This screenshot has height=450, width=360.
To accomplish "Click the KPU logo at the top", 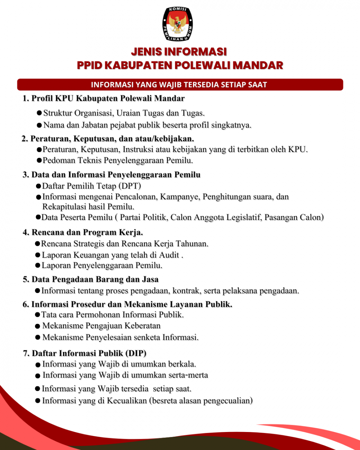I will point(177,24).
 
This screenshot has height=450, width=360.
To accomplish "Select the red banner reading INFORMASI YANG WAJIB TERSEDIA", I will point(180,85).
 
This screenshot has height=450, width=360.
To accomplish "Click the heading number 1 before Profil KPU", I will point(26,99).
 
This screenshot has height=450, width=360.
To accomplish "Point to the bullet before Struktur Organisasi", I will point(39,113).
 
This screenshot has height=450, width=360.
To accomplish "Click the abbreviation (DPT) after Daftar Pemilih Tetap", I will point(130,186).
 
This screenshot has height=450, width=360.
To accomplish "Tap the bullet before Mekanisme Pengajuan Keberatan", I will point(37,327).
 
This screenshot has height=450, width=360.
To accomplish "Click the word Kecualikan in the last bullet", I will point(127,401).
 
